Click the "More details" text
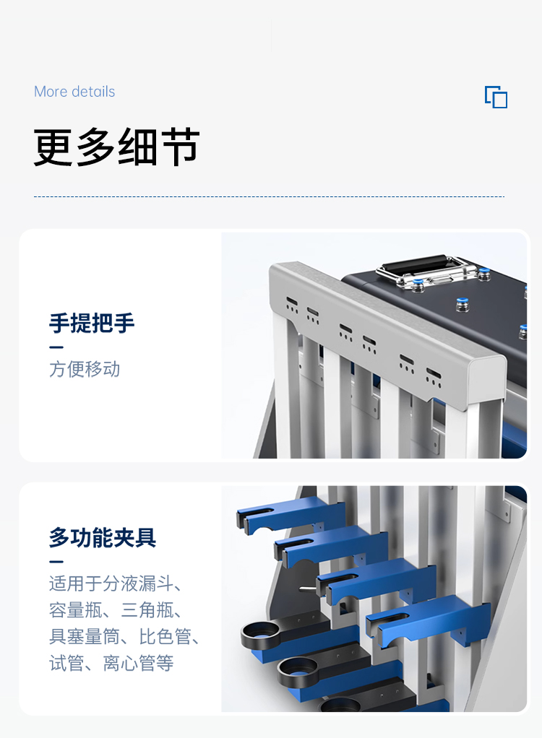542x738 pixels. (74, 92)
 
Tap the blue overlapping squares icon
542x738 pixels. (496, 97)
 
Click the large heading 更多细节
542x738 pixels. (116, 147)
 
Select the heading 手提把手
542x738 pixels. (92, 323)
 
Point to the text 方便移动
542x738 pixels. (85, 369)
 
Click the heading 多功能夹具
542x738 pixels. (103, 537)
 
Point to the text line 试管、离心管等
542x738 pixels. (111, 663)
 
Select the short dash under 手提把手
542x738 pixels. (56, 347)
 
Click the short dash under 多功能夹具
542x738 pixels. (56, 562)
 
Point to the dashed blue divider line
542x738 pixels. (269, 196)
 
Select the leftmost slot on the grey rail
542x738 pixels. (291, 300)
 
